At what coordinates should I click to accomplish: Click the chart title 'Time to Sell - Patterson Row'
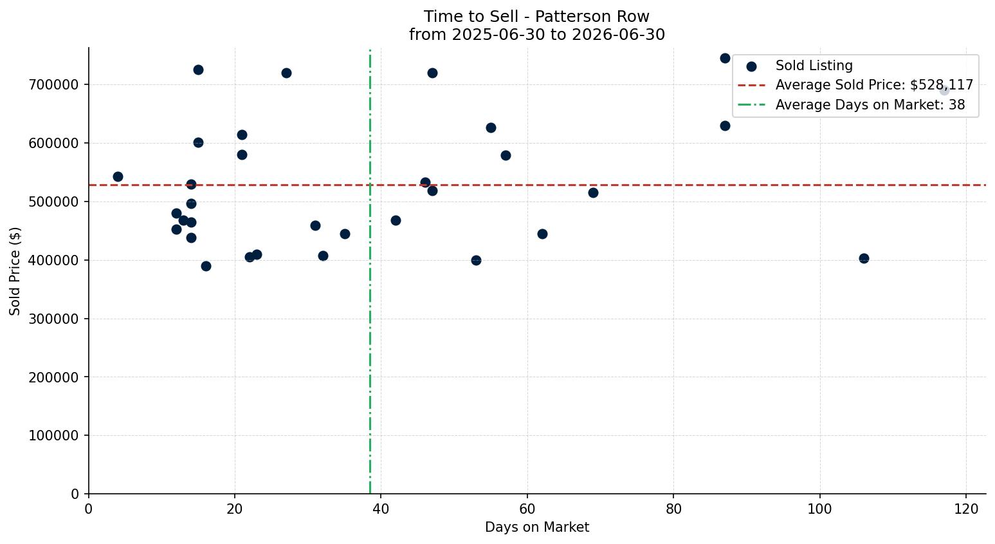[536, 17]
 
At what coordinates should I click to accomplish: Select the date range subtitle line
[536, 35]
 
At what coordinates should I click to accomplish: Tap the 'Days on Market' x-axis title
[536, 527]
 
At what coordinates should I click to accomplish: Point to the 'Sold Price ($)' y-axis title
[15, 271]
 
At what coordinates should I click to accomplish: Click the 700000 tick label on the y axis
[54, 84]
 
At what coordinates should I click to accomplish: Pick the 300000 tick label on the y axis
[54, 319]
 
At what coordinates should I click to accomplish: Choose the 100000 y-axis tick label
[54, 436]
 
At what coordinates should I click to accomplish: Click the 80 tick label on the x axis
[673, 509]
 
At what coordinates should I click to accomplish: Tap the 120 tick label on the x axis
[965, 509]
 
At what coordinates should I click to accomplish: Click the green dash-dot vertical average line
[370, 271]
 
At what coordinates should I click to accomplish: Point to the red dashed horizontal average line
[537, 185]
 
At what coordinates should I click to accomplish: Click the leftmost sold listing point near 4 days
[118, 177]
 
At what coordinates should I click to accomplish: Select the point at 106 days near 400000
[864, 259]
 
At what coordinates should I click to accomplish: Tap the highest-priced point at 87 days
[725, 58]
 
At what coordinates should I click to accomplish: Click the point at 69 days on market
[593, 193]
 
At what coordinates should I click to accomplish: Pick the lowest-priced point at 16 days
[206, 267]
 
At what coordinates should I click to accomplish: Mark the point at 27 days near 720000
[286, 73]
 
